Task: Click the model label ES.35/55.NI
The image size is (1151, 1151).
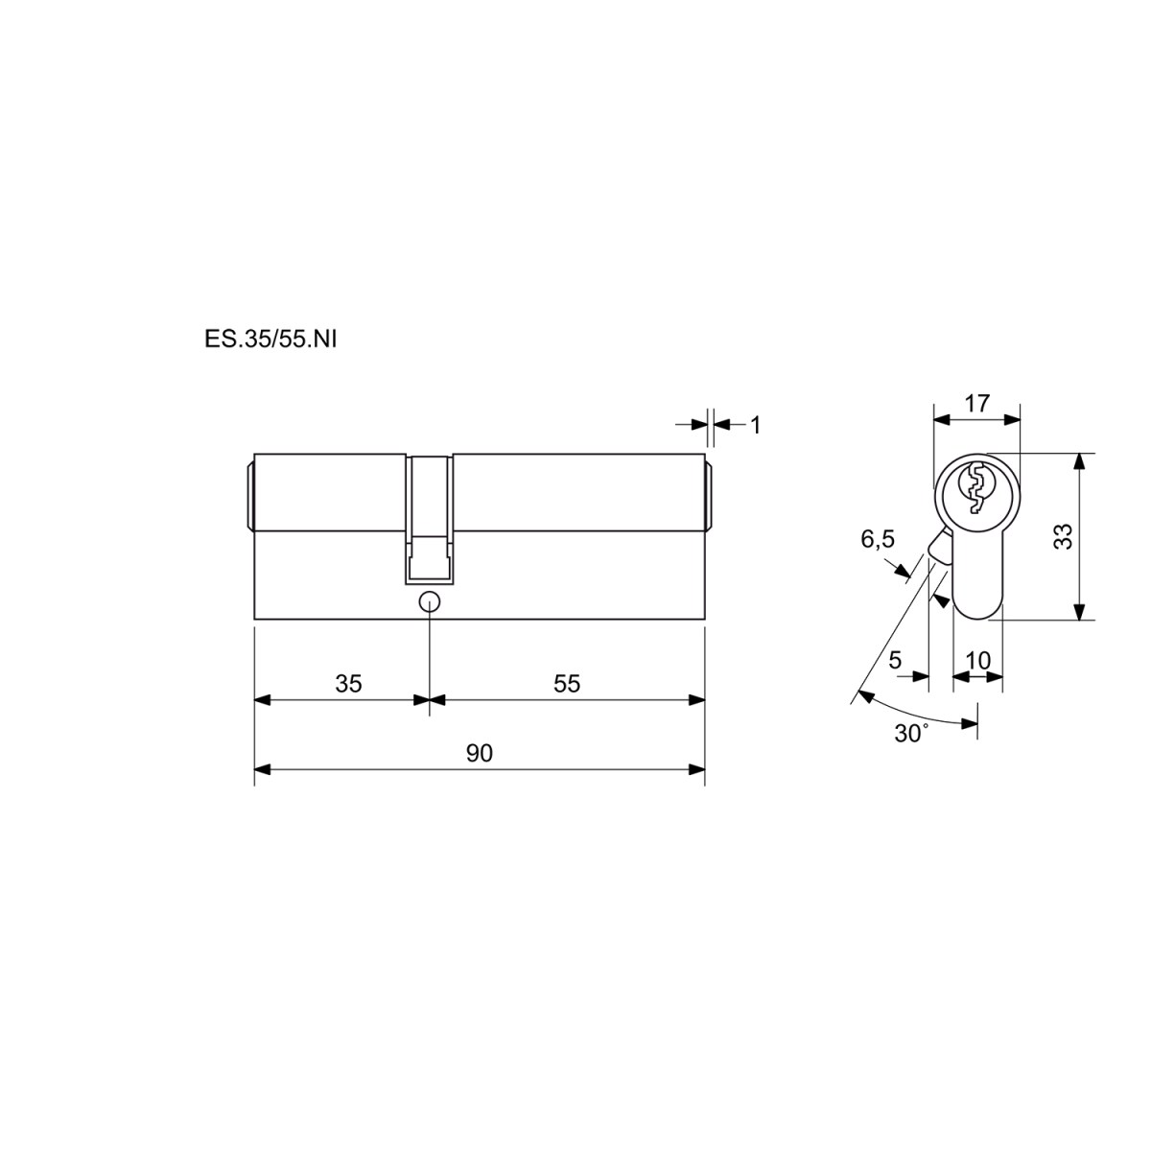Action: (270, 340)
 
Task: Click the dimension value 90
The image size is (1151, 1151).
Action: (479, 754)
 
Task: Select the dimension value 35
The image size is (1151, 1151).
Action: (349, 684)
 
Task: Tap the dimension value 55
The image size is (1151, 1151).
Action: (567, 684)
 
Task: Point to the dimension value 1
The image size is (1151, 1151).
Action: (756, 426)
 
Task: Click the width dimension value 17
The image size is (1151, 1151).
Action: (977, 404)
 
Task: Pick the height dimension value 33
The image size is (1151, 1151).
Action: (1064, 536)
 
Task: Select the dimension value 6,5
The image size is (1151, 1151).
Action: (878, 540)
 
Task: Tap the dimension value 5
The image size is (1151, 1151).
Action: (895, 660)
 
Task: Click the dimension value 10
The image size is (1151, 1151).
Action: (978, 661)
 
